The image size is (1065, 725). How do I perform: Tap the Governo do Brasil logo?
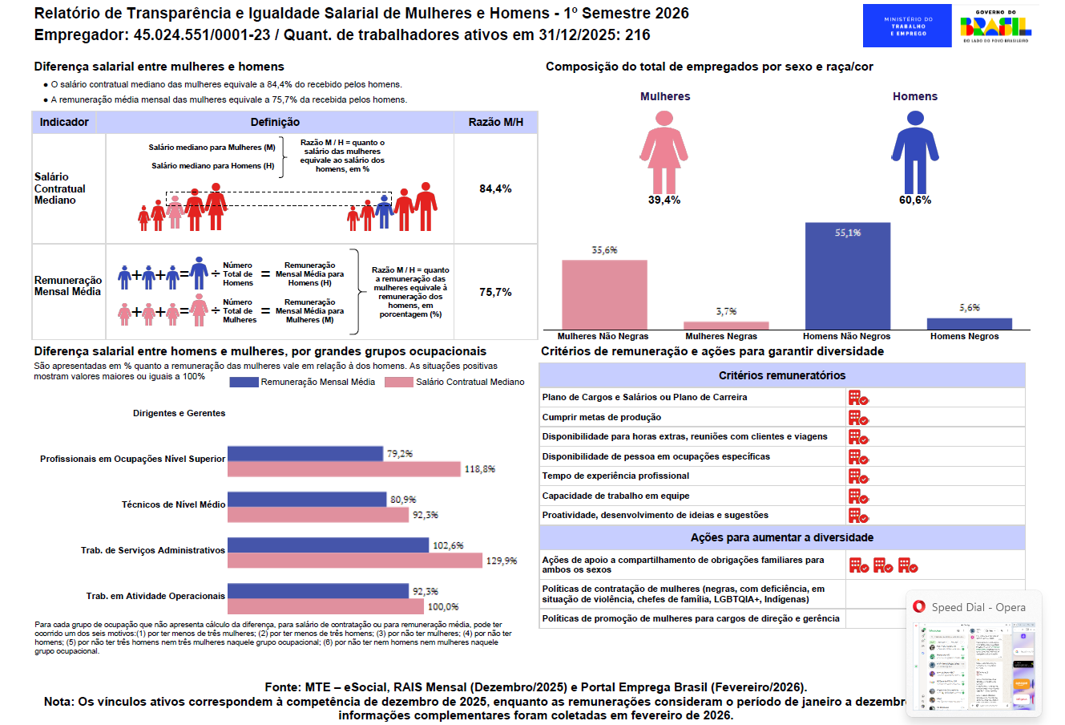995,26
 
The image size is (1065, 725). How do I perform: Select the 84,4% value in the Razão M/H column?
495,188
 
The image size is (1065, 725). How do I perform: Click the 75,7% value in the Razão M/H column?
495,292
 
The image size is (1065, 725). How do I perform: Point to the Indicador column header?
64,122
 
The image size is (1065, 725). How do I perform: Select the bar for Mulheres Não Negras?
604,294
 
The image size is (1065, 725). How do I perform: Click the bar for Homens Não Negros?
847,276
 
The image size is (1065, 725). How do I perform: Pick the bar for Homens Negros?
969,323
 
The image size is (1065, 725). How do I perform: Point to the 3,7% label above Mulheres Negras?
726,311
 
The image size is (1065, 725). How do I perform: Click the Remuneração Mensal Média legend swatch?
244,383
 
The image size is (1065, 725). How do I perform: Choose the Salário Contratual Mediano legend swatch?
398,383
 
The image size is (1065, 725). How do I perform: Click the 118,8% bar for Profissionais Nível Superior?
344,469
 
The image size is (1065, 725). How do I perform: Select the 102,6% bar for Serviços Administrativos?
328,545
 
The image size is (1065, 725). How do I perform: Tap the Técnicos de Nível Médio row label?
173,504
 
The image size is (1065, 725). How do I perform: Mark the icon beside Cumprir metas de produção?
858,418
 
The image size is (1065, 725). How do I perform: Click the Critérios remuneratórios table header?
781,375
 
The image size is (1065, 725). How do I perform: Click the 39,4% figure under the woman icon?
664,200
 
